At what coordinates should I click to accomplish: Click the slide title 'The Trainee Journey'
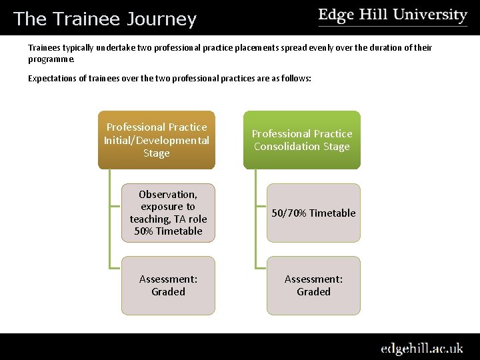(105, 19)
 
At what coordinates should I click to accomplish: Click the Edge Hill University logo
(393, 16)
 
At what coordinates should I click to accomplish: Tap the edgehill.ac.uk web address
(422, 348)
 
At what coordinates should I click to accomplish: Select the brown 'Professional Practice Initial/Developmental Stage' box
(157, 140)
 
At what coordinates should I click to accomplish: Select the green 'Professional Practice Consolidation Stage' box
(302, 140)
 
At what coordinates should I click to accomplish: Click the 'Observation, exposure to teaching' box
(168, 213)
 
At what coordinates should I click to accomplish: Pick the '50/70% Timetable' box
(313, 213)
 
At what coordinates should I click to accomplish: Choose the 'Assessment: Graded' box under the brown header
(168, 285)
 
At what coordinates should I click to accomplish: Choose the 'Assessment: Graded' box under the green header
(313, 285)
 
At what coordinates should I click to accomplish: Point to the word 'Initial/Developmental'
(157, 140)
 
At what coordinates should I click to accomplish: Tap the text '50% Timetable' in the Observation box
(168, 231)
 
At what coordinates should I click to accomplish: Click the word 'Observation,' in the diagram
(168, 195)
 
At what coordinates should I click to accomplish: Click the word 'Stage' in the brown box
(157, 153)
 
